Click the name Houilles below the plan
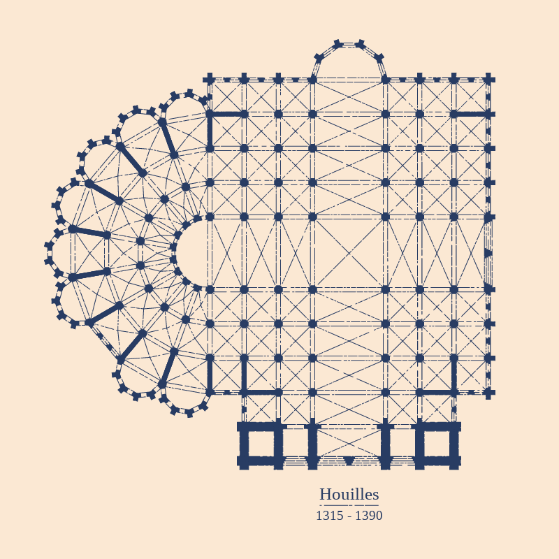349,495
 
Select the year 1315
330,516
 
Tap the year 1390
369,516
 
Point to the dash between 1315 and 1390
349,516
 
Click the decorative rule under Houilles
349,505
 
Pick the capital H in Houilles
325,495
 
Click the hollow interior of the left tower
261,443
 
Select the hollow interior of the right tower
437,443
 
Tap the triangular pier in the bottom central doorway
349,460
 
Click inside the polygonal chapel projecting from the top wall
349,62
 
